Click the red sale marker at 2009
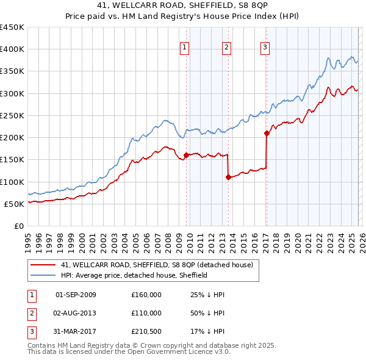point(186,155)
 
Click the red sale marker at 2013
point(228,177)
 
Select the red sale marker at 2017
point(267,133)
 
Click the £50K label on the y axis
point(15,204)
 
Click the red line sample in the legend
point(43,265)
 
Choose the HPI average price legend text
point(134,275)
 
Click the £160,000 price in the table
point(146,295)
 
